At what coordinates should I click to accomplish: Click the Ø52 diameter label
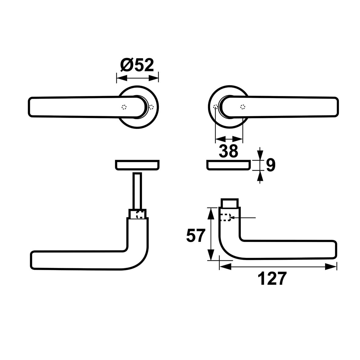137,65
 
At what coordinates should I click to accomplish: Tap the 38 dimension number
229,151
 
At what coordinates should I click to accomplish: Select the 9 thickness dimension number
271,165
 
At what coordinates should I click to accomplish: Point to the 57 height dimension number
195,236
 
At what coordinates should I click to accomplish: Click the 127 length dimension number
272,279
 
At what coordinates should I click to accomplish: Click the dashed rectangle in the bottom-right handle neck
226,217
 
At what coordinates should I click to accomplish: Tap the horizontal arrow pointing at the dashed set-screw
243,217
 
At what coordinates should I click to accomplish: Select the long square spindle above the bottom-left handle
137,191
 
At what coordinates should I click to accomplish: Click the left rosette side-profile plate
137,165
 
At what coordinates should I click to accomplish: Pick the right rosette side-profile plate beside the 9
229,165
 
